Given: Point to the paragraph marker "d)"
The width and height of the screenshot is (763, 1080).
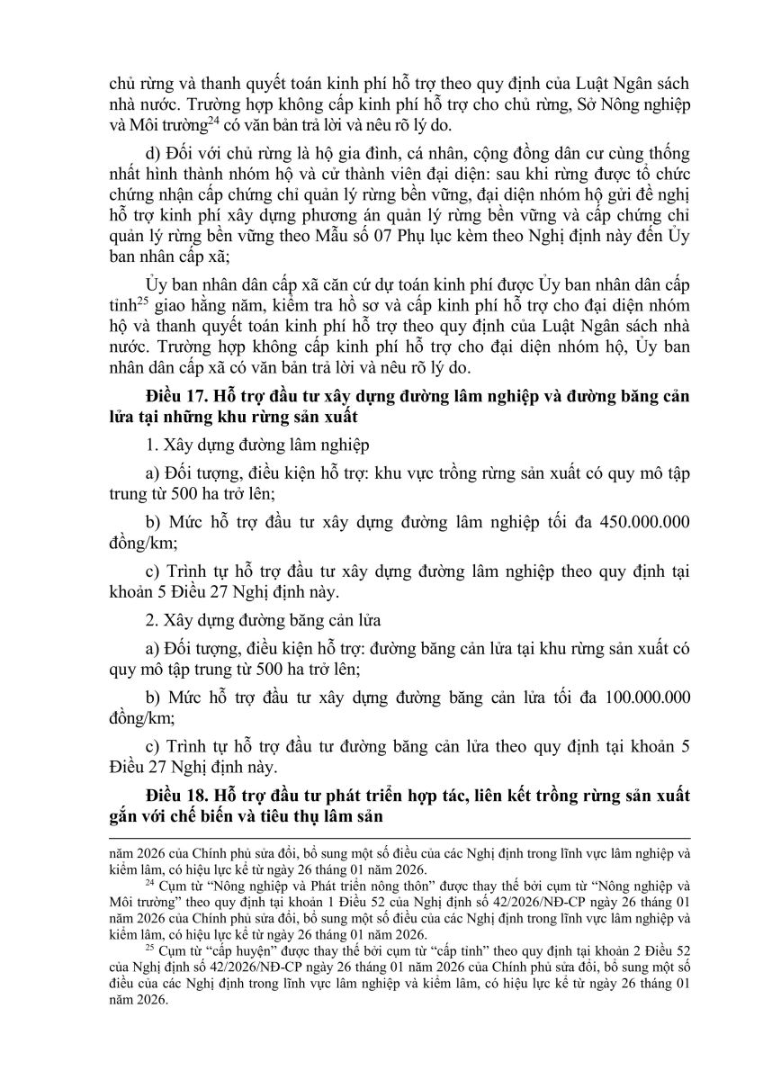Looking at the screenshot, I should [153, 148].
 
